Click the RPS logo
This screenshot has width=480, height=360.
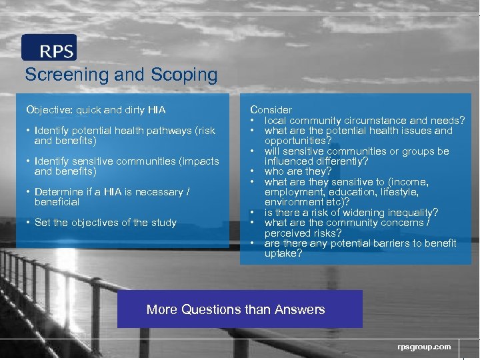pyautogui.click(x=49, y=48)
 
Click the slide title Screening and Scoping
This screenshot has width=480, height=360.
pyautogui.click(x=121, y=75)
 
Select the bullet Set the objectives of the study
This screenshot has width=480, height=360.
pyautogui.click(x=105, y=223)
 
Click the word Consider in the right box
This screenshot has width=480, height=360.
pyautogui.click(x=271, y=109)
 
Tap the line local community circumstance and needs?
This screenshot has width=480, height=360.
pyautogui.click(x=364, y=121)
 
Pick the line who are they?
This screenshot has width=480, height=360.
pyautogui.click(x=293, y=172)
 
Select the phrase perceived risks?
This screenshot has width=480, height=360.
pyautogui.click(x=303, y=233)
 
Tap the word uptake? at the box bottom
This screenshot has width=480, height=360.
pyautogui.click(x=283, y=254)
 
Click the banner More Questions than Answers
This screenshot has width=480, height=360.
pyautogui.click(x=236, y=309)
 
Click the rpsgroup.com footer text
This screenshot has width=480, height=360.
pyautogui.click(x=424, y=347)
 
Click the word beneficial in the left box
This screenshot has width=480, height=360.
pyautogui.click(x=57, y=202)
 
